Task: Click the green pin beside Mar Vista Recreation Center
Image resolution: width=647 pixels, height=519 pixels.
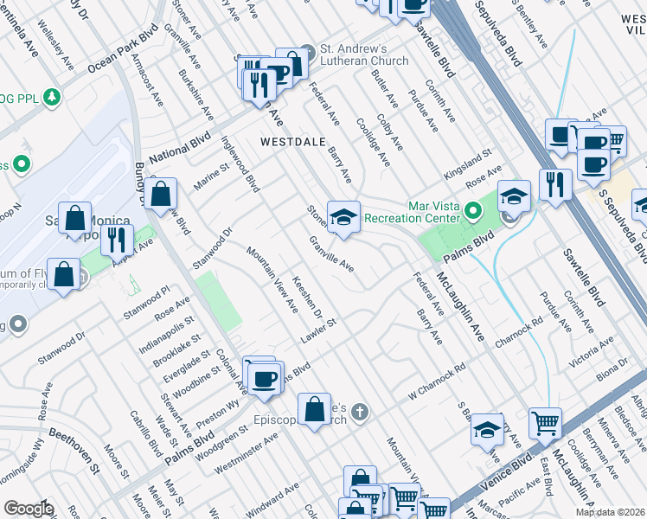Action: coord(473,210)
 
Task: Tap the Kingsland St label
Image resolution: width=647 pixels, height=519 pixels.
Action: coord(467,163)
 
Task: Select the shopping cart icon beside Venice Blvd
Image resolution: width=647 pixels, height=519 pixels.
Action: coord(545,423)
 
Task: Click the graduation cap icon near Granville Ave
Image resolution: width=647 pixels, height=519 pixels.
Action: coord(343,215)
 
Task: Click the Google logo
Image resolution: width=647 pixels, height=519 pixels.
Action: coord(29,509)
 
